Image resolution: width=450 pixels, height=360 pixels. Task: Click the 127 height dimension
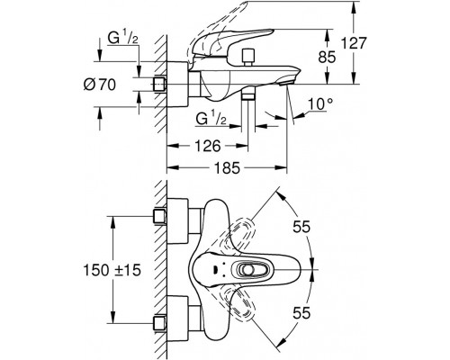[355, 43]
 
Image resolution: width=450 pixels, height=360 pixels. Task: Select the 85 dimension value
[327, 57]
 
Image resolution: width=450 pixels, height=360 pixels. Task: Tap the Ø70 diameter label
[99, 85]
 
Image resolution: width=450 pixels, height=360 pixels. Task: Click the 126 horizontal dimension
[208, 146]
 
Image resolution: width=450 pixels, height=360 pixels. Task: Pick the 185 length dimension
[227, 167]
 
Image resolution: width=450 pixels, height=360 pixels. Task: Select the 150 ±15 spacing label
[112, 270]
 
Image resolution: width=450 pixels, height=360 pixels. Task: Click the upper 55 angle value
[301, 227]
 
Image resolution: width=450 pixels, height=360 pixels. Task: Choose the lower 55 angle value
[301, 313]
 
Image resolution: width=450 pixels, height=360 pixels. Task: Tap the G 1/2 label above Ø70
[122, 39]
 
